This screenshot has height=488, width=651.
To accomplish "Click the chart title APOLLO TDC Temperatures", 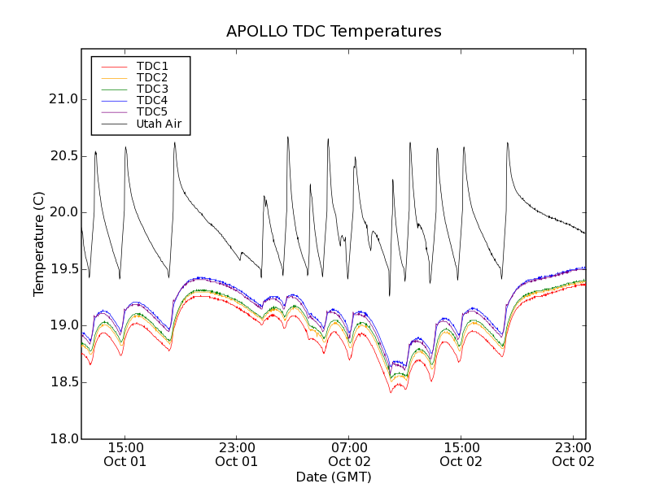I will pos(334,32).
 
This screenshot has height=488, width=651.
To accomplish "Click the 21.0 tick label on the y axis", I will pos(62,99).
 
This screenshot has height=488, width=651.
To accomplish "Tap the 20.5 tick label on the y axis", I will pos(62,156).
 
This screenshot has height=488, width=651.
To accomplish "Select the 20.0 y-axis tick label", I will pos(62,212).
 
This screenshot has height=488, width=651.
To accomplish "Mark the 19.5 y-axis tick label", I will pos(62,269).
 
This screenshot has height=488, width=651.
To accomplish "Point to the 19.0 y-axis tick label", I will pos(62,325).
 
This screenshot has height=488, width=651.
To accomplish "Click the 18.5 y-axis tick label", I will pos(62,382).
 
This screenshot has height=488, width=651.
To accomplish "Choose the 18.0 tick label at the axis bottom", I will pos(62,438).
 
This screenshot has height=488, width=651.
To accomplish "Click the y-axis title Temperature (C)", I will pos(39,244).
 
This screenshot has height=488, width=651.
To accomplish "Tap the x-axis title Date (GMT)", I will pos(334,477).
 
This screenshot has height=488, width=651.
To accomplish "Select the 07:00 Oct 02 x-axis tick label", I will pos(349,454).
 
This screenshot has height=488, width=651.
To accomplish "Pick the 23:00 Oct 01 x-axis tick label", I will pos(237,454).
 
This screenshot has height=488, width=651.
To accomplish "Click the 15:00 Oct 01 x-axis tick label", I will pos(125,454).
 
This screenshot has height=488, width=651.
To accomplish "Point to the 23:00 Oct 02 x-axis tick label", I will pos(573,454).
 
